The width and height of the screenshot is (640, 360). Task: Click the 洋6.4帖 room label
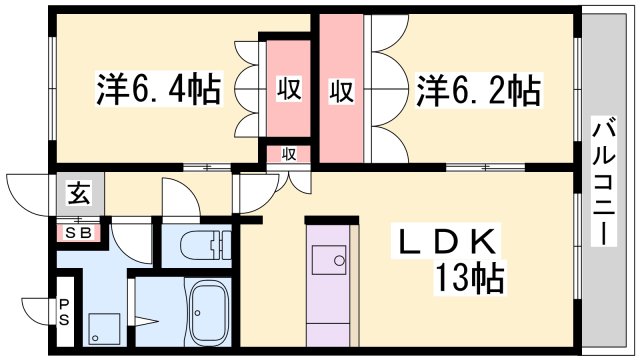tap(158, 89)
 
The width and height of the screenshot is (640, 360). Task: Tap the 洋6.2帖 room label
tap(478, 90)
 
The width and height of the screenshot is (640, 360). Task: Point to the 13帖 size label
tap(469, 278)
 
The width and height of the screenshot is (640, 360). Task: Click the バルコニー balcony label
tap(604, 181)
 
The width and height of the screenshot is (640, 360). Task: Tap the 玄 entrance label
tap(79, 193)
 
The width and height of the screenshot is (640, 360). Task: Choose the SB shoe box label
tap(78, 233)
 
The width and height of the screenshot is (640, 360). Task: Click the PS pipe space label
tap(64, 312)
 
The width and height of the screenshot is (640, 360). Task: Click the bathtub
tap(209, 314)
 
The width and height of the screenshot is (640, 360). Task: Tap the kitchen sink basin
tap(329, 260)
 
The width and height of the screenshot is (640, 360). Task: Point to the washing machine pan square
tap(104, 329)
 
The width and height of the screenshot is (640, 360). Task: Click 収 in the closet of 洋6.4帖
tap(289, 88)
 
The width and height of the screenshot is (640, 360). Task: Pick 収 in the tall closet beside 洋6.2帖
tap(341, 91)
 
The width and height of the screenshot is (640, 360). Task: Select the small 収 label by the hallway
tap(289, 154)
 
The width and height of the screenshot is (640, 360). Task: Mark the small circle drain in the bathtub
tap(198, 313)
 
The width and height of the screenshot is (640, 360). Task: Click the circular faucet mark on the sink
tap(339, 260)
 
